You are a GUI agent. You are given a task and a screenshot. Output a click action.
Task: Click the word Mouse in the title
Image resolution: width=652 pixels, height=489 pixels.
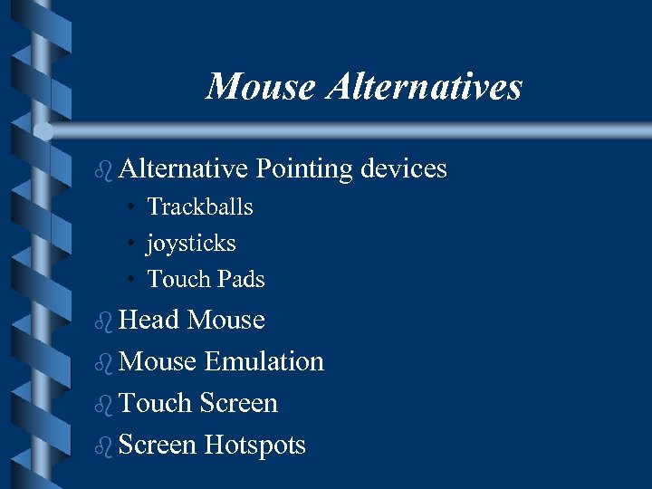[x=260, y=87]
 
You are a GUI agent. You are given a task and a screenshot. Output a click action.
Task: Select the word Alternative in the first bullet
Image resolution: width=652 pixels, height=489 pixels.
[x=183, y=168]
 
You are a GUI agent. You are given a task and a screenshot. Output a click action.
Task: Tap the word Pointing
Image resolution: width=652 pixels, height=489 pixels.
[x=304, y=168]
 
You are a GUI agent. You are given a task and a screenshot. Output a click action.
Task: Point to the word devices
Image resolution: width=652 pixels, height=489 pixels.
[x=404, y=168]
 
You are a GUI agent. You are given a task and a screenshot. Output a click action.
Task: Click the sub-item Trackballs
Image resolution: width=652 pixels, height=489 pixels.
[x=200, y=206]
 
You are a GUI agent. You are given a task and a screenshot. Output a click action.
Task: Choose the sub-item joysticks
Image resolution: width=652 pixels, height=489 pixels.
[x=191, y=244]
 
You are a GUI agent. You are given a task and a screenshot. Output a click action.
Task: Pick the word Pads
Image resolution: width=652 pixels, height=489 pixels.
[x=241, y=279]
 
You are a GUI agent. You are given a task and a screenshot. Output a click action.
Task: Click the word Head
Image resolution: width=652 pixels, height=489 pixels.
[x=149, y=320]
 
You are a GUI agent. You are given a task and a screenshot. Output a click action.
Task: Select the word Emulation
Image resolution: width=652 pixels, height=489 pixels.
[x=264, y=361]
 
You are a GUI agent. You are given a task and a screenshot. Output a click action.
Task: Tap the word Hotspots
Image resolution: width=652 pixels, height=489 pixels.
[x=255, y=445]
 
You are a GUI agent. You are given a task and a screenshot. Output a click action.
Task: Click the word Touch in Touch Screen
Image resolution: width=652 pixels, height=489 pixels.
[x=155, y=403]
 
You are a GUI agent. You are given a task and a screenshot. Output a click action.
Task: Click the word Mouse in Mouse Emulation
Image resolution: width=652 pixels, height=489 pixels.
[x=158, y=361]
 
